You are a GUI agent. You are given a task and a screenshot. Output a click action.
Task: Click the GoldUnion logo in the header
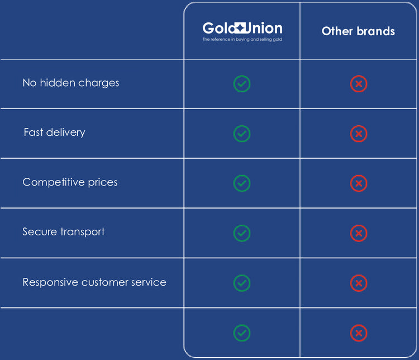(242, 28)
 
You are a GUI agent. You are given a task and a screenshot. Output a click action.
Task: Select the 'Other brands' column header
(358, 31)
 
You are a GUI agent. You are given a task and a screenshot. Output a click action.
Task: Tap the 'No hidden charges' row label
(71, 83)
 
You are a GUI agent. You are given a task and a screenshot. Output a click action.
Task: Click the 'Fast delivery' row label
(54, 132)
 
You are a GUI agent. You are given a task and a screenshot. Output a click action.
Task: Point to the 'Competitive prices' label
(70, 182)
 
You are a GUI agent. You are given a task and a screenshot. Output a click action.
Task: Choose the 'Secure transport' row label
(63, 232)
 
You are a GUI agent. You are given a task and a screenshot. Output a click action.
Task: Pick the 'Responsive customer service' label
(94, 282)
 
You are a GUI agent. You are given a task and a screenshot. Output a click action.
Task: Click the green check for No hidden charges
(242, 84)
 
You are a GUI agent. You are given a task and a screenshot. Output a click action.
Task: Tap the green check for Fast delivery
(242, 134)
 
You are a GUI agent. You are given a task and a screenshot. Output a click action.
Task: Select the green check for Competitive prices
(242, 183)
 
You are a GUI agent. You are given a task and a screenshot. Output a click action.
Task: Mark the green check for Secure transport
(242, 233)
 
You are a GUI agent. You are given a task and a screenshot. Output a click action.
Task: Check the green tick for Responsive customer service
(242, 283)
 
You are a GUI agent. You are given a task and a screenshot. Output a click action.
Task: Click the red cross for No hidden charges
(359, 84)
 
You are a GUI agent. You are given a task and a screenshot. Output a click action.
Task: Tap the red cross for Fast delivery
(359, 134)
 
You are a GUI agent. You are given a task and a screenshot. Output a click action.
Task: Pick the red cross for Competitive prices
(359, 183)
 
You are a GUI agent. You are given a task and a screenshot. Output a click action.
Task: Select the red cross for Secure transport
(359, 233)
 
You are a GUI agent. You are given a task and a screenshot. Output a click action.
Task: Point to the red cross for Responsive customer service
(359, 283)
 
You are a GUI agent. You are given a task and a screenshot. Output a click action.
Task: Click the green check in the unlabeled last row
(242, 333)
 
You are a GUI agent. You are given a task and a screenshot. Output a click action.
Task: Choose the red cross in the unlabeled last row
(359, 334)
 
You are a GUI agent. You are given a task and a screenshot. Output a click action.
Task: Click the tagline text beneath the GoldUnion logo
(242, 40)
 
